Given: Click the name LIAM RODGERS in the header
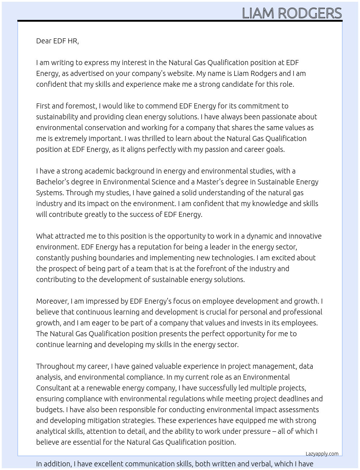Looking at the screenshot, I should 292,13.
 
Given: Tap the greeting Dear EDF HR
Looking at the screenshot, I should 57,41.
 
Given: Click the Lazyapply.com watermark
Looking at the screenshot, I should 322,454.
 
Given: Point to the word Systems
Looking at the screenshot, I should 50,193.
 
